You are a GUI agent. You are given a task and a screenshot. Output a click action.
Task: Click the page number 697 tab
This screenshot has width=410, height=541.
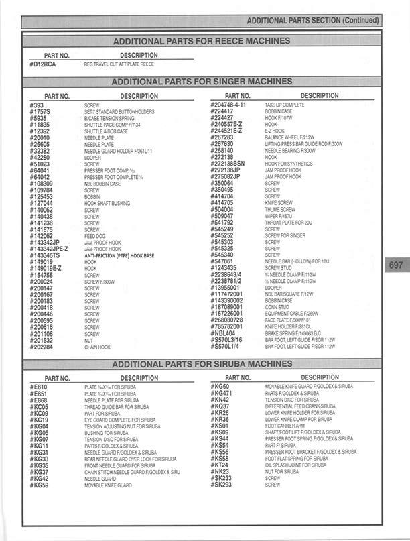[395, 265]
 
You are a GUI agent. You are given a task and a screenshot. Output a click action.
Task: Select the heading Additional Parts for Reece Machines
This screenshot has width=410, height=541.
[201, 41]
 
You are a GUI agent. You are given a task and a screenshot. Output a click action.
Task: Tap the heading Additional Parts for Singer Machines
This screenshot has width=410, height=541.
[201, 82]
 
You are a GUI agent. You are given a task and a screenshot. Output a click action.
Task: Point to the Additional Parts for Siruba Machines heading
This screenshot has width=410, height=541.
[201, 364]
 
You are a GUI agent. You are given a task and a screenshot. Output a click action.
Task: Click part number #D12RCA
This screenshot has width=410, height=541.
[44, 64]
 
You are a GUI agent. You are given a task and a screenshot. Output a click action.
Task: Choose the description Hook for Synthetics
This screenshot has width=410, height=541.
[289, 163]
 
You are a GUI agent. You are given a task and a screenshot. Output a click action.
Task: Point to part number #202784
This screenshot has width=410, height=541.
[42, 347]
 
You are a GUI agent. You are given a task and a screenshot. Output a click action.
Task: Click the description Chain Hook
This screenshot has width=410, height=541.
[97, 347]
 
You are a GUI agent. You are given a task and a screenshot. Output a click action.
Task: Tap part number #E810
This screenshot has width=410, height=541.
[39, 387]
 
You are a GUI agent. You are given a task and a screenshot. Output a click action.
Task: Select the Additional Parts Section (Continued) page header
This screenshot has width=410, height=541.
[312, 21]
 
